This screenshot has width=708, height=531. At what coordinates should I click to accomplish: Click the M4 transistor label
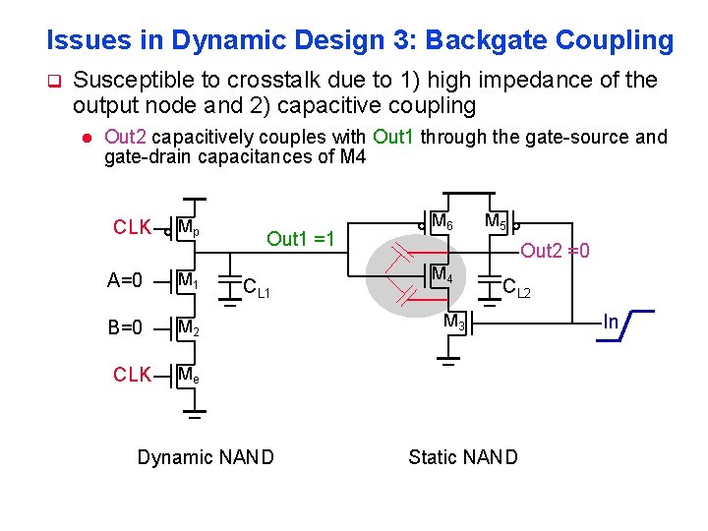[x=442, y=274]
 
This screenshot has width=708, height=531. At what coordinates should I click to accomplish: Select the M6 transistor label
[x=442, y=221]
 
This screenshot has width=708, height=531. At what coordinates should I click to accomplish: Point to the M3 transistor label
[x=454, y=322]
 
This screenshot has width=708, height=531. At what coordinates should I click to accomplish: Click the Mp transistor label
[x=189, y=229]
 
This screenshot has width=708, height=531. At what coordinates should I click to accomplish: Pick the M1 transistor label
[x=189, y=282]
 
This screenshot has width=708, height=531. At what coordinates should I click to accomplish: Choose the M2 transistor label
[x=189, y=328]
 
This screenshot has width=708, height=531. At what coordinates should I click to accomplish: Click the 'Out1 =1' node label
[x=301, y=238]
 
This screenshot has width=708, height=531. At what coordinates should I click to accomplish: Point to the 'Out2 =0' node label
[x=555, y=251]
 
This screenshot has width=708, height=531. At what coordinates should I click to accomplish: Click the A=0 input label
[x=125, y=281]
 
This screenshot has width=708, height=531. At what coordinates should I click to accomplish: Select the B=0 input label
[x=125, y=327]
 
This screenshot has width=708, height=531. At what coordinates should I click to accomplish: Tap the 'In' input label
[x=611, y=322]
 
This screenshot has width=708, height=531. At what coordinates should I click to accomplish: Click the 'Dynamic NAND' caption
[x=206, y=457]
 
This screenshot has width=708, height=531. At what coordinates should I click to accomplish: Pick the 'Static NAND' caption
[x=462, y=457]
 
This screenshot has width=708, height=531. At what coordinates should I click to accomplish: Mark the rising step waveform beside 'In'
[x=636, y=324]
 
